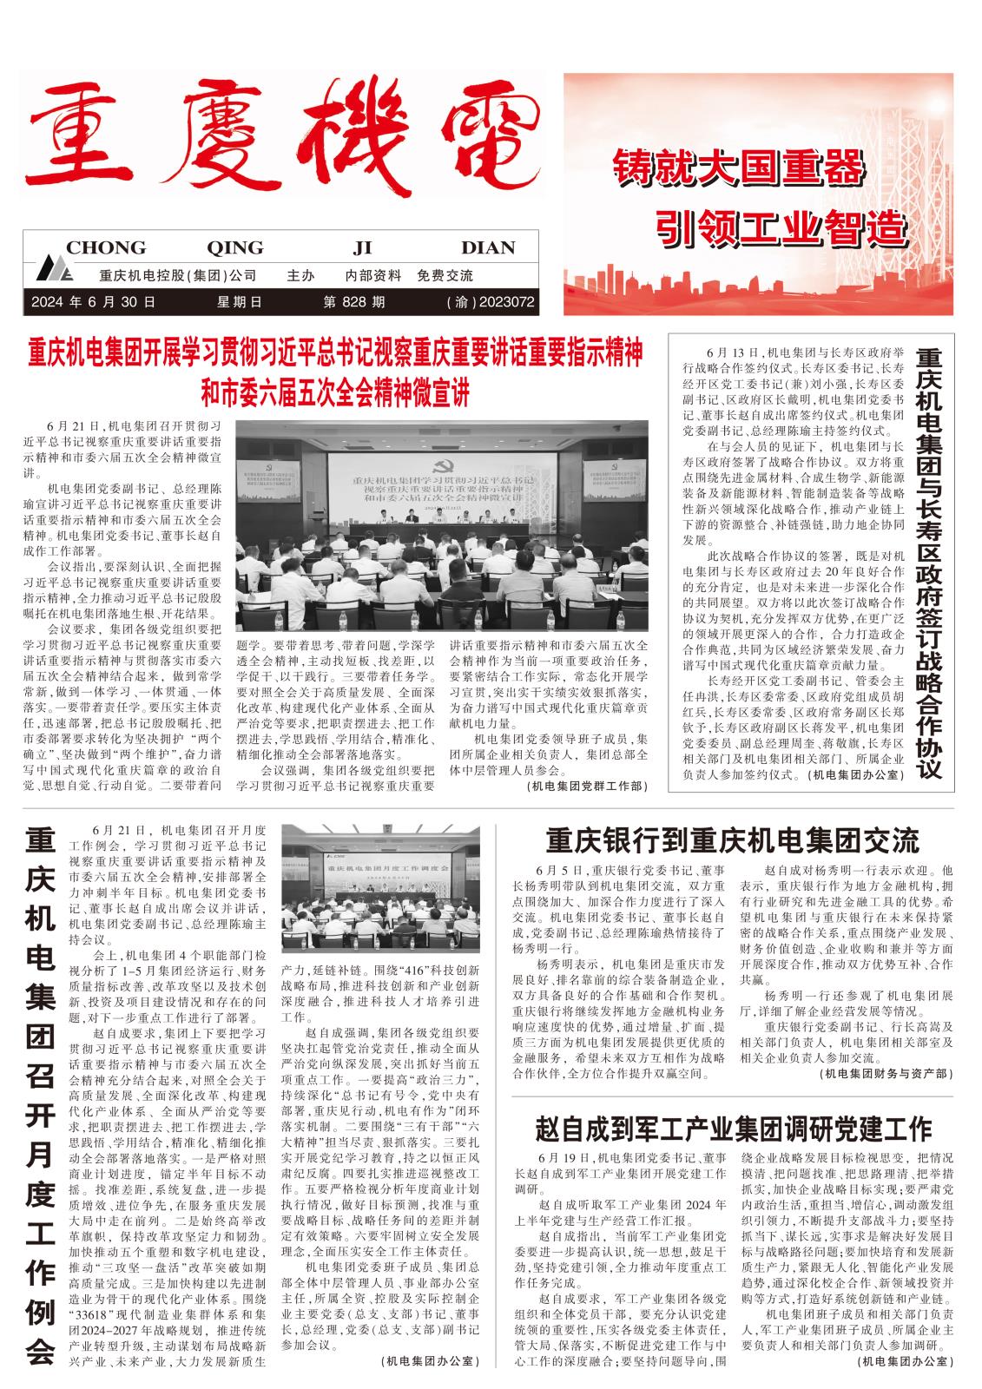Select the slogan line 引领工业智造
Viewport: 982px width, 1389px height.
click(x=777, y=227)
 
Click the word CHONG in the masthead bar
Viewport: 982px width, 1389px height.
click(x=106, y=247)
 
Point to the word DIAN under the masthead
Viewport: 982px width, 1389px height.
click(x=488, y=247)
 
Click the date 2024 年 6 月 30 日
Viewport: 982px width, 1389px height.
click(x=93, y=302)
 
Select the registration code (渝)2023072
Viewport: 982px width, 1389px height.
click(x=490, y=302)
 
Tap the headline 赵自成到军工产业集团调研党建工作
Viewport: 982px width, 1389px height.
click(x=734, y=1128)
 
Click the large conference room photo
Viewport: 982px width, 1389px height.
click(x=442, y=526)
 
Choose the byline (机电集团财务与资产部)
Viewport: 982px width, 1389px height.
click(x=885, y=1074)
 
